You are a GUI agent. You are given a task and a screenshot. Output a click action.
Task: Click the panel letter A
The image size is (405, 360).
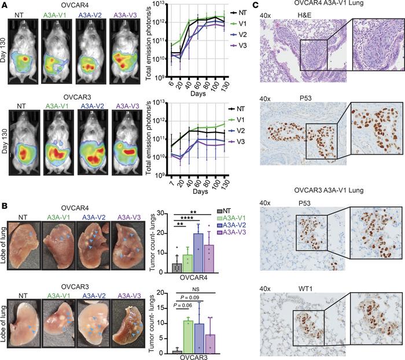click(4, 5)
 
